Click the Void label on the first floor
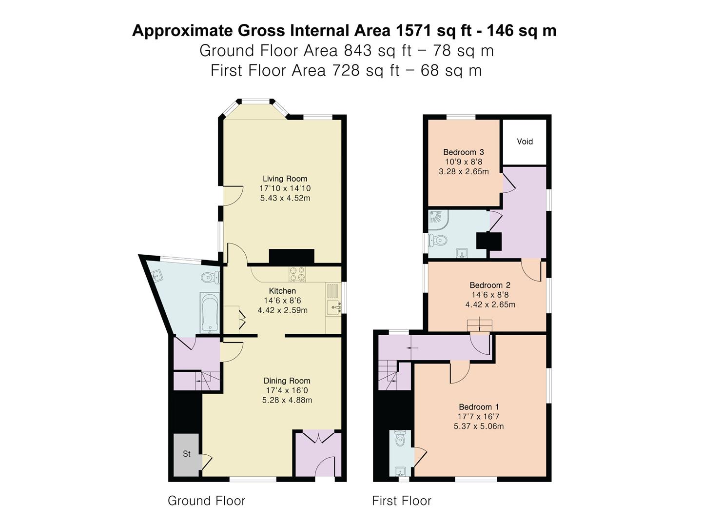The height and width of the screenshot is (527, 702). (x=525, y=142)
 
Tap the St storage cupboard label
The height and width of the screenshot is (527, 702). (x=187, y=454)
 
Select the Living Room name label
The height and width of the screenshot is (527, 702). (x=285, y=179)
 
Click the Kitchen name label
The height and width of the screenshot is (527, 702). (x=282, y=291)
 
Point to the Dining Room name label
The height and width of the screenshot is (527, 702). (x=287, y=381)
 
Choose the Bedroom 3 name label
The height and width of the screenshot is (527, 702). (x=464, y=152)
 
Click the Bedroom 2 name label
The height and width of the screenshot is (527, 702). (x=490, y=285)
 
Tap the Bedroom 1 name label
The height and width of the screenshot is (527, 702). (x=479, y=407)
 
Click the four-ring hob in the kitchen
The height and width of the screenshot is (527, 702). (x=297, y=274)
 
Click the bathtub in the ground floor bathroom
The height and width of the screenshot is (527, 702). (x=210, y=312)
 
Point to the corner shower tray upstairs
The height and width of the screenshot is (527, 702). (x=438, y=220)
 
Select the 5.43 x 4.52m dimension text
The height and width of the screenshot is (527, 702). (x=285, y=198)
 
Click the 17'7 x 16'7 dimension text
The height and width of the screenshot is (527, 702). (x=479, y=417)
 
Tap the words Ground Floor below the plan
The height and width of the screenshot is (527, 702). (x=207, y=501)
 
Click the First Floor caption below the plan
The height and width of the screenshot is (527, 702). (x=402, y=501)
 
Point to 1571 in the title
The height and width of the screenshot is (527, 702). (x=413, y=31)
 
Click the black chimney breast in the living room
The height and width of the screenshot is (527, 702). (x=292, y=257)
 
